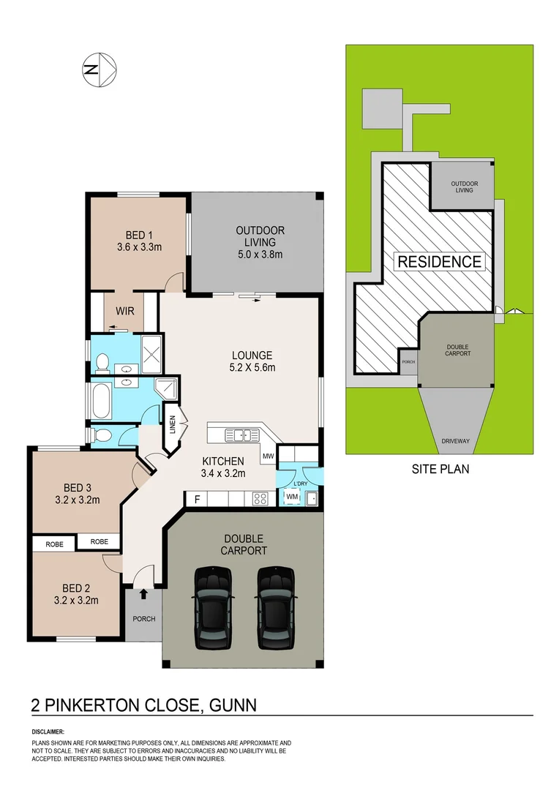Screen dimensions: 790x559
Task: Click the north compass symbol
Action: click(x=98, y=70)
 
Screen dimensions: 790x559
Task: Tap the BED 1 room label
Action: click(x=139, y=241)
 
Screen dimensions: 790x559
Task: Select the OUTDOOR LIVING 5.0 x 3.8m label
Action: click(x=260, y=243)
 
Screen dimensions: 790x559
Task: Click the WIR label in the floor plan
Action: click(x=124, y=310)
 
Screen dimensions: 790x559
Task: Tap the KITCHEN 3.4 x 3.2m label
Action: click(x=223, y=467)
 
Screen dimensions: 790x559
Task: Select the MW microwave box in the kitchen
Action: click(x=268, y=456)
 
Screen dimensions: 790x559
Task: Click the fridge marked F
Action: click(x=195, y=500)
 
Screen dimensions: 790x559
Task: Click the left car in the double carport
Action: click(x=213, y=608)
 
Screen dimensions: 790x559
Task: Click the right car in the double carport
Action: click(x=277, y=608)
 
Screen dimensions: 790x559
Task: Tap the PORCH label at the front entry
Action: click(x=143, y=619)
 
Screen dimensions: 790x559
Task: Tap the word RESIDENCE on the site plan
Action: click(x=439, y=261)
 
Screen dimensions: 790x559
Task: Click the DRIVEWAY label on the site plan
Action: click(x=455, y=441)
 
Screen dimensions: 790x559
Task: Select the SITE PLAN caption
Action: click(x=440, y=469)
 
